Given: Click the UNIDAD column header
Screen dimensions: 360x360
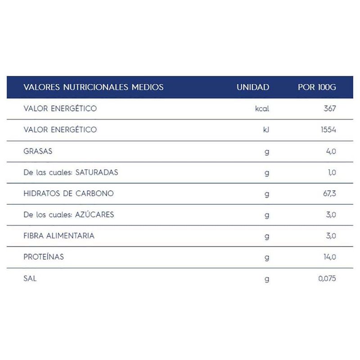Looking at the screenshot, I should click(253, 87).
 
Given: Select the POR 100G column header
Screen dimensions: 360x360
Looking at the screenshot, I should click(317, 87).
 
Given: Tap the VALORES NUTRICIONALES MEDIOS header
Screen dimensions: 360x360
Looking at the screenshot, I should click(93, 87).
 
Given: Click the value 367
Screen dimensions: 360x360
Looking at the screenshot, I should click(329, 109).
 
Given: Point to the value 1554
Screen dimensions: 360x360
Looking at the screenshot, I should click(327, 130).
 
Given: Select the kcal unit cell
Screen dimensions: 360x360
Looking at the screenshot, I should click(262, 109).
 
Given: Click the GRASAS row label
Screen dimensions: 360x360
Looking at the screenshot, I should click(38, 151).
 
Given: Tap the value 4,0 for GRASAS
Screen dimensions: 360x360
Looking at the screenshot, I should click(331, 151).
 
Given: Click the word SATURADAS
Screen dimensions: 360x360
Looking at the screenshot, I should click(97, 172).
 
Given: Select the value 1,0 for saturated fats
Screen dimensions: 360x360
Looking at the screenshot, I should click(331, 172).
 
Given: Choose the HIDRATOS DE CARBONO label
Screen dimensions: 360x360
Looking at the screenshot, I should click(68, 193).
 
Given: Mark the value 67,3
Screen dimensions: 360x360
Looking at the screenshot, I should click(328, 193).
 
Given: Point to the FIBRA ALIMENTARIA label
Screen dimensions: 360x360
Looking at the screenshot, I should click(59, 236).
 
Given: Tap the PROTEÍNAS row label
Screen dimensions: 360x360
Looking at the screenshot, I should click(44, 257).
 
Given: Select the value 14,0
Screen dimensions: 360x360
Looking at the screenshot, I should click(329, 257).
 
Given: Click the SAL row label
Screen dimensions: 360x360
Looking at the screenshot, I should click(30, 279).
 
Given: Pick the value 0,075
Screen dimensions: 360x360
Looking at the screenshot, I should click(327, 279).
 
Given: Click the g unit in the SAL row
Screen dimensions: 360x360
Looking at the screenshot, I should click(267, 279).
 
